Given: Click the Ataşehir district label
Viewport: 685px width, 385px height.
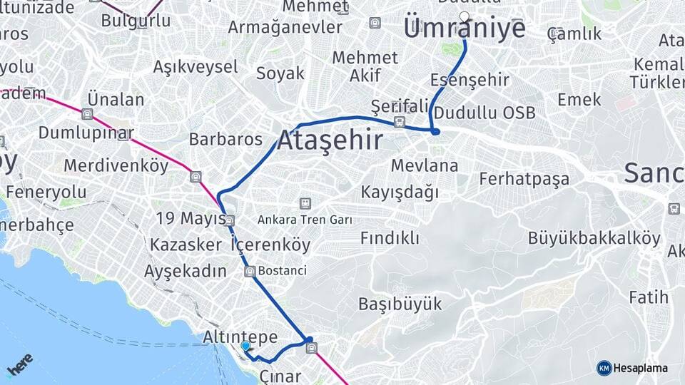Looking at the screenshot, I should (x=330, y=140).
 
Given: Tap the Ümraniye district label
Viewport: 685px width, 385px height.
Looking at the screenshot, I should (x=465, y=29).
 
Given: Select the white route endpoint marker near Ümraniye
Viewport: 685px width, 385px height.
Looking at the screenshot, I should (x=465, y=16).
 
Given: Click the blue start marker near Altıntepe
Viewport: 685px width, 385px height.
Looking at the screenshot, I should (x=245, y=346).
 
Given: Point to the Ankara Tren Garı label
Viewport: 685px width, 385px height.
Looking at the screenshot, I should (x=305, y=220).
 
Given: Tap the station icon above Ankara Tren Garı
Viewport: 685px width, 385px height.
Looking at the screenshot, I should (x=305, y=204).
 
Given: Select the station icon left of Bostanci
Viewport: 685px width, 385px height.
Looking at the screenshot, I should (x=249, y=271).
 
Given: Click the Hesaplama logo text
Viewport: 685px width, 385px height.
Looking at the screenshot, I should (x=641, y=368).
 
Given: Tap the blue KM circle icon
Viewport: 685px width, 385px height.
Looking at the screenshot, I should (x=604, y=368).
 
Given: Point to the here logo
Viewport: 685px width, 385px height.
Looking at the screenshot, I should (x=19, y=364).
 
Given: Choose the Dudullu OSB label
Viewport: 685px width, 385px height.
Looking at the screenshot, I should (x=484, y=113).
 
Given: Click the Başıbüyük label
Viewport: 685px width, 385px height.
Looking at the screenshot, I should (x=400, y=304).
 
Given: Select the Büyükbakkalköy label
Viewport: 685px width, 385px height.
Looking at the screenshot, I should (x=594, y=238).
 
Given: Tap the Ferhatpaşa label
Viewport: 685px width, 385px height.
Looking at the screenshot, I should (x=524, y=178).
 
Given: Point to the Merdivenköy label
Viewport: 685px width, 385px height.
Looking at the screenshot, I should (x=116, y=166).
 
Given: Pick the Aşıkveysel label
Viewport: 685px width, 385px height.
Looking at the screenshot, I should (x=196, y=67).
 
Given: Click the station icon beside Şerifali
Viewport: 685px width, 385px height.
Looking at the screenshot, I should (x=400, y=121).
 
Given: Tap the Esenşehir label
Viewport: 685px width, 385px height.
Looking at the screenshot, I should (x=470, y=80).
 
